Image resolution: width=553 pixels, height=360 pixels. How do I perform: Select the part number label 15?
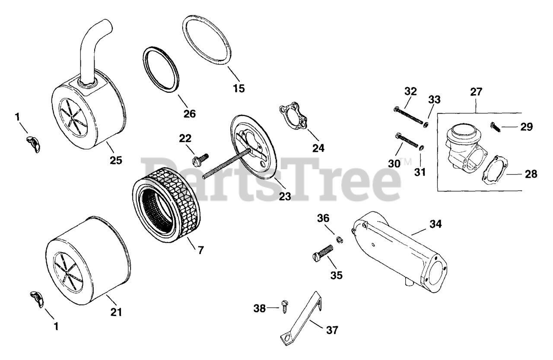click(238, 88)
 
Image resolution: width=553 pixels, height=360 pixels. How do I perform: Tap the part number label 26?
click(189, 114)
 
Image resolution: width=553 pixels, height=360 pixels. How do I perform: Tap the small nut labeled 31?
click(422, 148)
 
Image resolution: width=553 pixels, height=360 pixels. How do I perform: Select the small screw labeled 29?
click(496, 127)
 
